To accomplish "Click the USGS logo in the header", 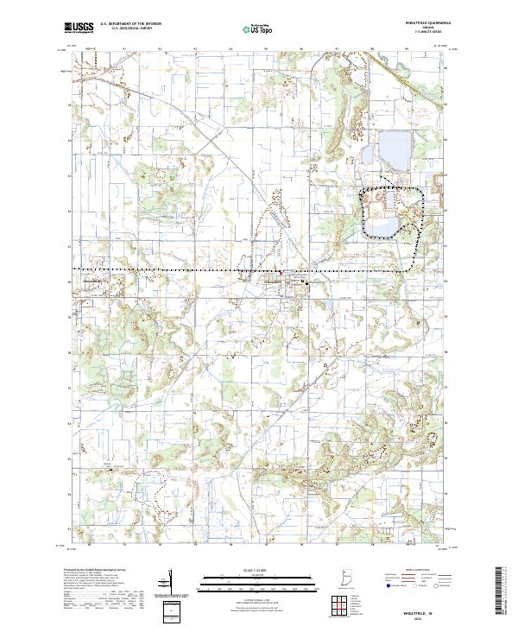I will (x=79, y=28).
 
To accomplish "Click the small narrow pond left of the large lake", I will (x=365, y=156).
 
